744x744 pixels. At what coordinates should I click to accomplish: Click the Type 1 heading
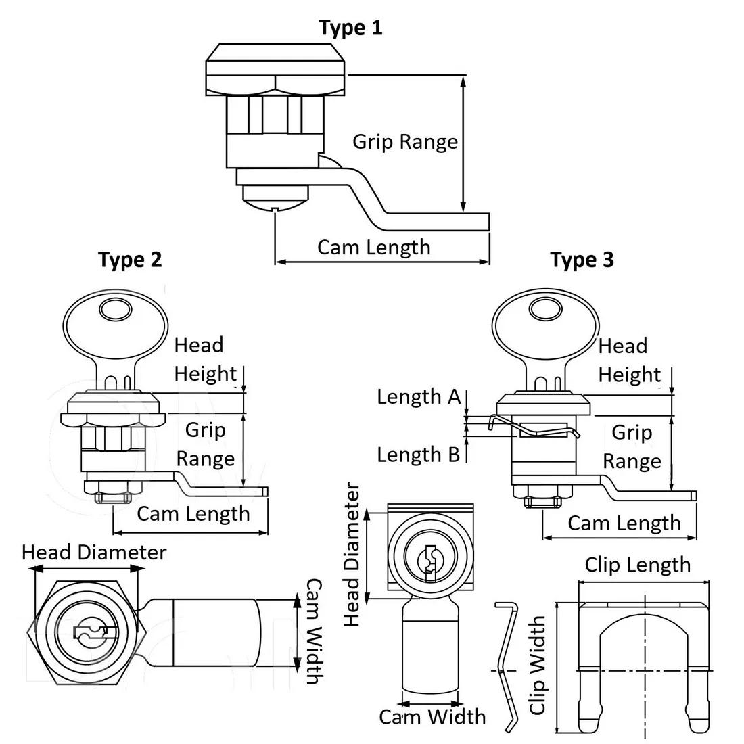[350, 28]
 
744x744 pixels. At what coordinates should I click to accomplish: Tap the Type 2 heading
[130, 260]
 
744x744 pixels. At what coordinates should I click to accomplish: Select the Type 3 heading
[582, 260]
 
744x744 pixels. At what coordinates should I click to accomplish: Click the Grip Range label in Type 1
[405, 142]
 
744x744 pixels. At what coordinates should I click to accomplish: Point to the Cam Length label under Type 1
[374, 248]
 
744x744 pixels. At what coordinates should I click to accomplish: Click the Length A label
[419, 396]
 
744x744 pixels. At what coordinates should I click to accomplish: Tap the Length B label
[419, 455]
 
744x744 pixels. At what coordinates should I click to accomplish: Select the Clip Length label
[637, 565]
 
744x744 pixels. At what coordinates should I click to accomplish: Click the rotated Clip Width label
[537, 665]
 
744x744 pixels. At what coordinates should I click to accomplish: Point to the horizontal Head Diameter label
[94, 553]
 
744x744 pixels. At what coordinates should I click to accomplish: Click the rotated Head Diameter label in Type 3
[352, 554]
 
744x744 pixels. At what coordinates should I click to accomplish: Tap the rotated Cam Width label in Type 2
[314, 631]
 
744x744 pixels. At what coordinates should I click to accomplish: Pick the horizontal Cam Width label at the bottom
[432, 717]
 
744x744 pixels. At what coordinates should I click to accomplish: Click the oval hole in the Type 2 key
[115, 310]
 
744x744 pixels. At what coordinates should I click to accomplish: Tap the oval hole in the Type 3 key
[545, 309]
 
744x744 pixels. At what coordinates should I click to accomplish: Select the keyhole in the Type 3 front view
[430, 563]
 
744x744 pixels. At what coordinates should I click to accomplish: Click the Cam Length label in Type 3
[624, 524]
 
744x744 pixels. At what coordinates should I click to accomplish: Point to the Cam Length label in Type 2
[193, 514]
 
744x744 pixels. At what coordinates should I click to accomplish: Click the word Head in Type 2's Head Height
[198, 345]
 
